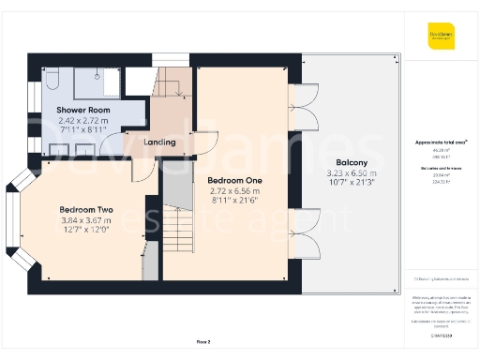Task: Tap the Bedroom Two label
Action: click(x=86, y=209)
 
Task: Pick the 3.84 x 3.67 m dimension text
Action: click(x=86, y=220)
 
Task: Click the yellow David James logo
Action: click(x=441, y=38)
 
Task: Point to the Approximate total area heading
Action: click(x=441, y=142)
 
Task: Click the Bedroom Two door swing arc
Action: click(x=141, y=171)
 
